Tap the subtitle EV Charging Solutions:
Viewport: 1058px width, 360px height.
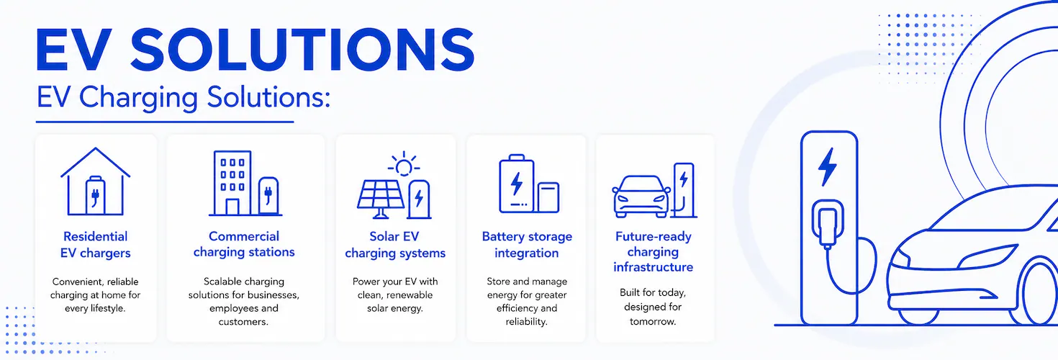184,98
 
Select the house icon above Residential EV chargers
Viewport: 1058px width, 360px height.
96,182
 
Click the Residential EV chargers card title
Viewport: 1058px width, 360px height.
96,245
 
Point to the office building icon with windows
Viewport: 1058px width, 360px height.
232,184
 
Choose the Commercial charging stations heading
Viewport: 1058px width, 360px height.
244,244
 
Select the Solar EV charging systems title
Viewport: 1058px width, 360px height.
395,245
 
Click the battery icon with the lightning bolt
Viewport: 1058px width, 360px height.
517,184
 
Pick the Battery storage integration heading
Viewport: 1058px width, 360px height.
527,245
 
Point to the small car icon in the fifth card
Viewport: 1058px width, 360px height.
641,197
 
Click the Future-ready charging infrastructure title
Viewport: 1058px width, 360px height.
654,252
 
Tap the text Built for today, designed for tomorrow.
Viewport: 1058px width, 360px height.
653,307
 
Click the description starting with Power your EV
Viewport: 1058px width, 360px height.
395,294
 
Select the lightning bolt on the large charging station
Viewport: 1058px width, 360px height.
828,167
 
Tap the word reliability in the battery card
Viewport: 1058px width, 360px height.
525,322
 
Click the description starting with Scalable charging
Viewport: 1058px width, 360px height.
244,302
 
